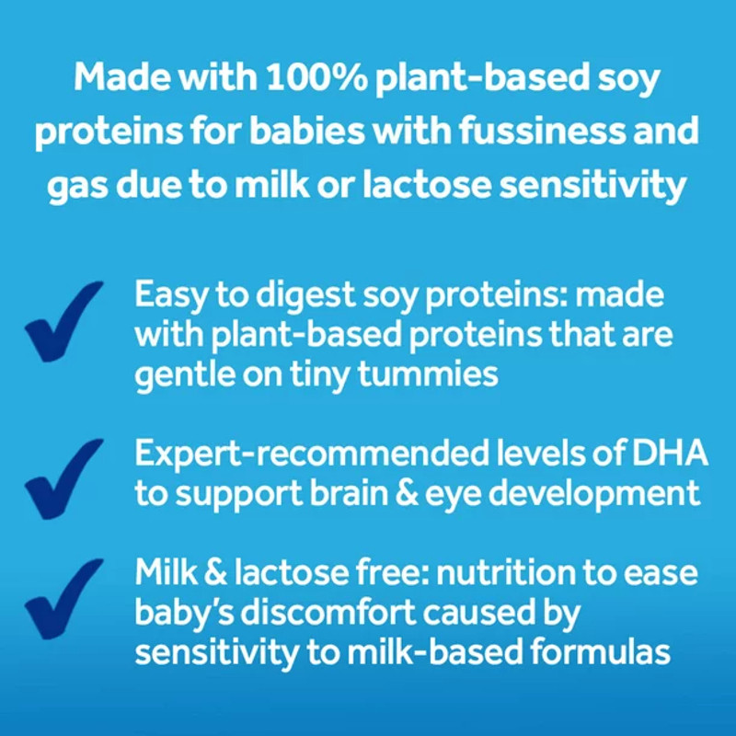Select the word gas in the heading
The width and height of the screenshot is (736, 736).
click(82, 187)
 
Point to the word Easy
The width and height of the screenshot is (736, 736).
click(169, 296)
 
